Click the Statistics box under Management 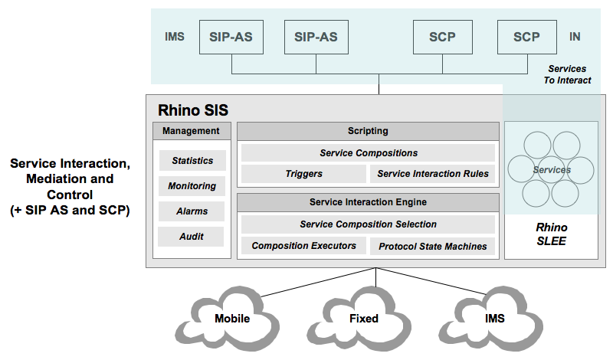(192, 161)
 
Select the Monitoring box (192, 186)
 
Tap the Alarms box (192, 211)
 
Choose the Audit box (192, 237)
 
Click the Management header (192, 131)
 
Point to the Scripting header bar (368, 131)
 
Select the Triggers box (303, 174)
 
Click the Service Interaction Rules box (433, 174)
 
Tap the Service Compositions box (368, 153)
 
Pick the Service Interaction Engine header (368, 202)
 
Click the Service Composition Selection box (368, 224)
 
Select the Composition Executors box (303, 246)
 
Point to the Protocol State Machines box (433, 246)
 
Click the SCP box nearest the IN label (526, 37)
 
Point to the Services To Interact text (567, 74)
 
